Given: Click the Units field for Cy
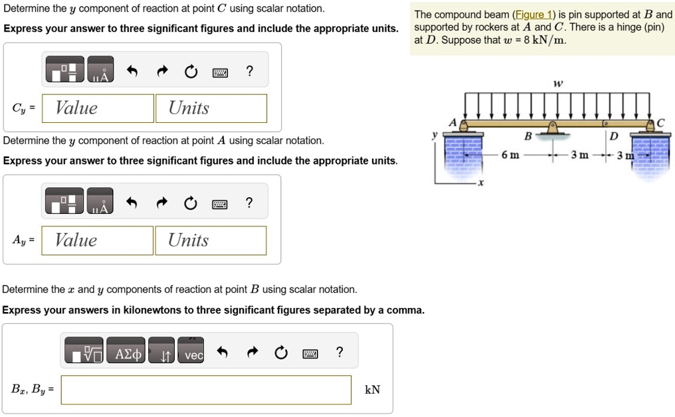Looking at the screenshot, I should pos(211,108).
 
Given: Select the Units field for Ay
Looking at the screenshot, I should pos(211,240).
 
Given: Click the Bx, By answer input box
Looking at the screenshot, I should pos(206,390).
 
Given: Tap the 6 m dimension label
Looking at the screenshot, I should pos(510,155).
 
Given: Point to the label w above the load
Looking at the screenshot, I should pos(557,83).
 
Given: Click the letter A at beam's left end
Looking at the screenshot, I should pos(452,123).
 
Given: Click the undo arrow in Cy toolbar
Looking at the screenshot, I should pos(132,72).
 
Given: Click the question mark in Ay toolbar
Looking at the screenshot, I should pos(249,203).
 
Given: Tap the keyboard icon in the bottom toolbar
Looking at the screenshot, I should pos(310,353).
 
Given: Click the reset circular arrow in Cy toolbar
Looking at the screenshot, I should pos(191,72).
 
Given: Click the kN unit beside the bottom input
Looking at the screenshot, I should pos(372,390).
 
